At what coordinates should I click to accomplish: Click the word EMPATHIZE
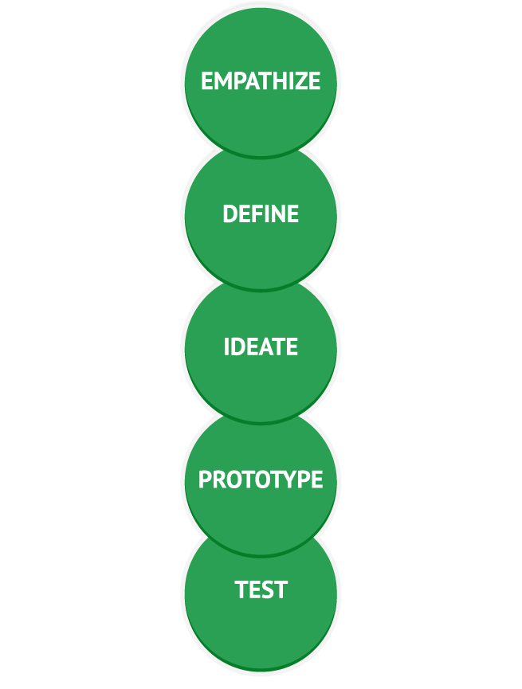(x=261, y=81)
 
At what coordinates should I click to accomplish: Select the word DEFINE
(x=261, y=214)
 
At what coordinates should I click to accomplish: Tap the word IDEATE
(x=261, y=347)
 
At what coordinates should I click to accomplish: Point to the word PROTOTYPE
(x=261, y=480)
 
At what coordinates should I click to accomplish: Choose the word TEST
(x=261, y=590)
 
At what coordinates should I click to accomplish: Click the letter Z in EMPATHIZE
(x=299, y=81)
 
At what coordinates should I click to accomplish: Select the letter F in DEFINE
(x=255, y=214)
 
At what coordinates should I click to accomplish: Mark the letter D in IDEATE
(x=238, y=347)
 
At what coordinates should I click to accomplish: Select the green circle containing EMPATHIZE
(x=261, y=48)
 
